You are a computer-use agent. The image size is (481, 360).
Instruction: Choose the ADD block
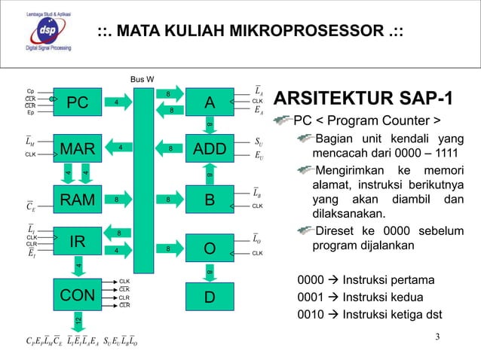coord(210,149)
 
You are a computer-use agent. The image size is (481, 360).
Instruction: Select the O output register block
coord(210,248)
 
